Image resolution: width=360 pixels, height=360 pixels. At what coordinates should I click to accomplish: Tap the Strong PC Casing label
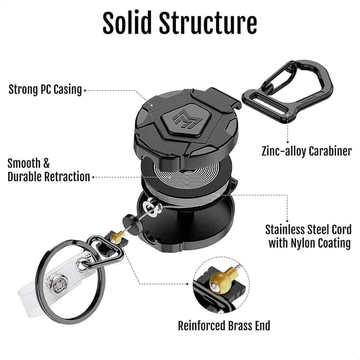45,89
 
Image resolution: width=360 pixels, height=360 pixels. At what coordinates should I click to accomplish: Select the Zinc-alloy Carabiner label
307,151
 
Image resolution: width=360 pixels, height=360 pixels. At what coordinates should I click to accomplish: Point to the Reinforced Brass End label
224,326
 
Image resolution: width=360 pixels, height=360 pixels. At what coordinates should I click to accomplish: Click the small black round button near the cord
129,219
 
